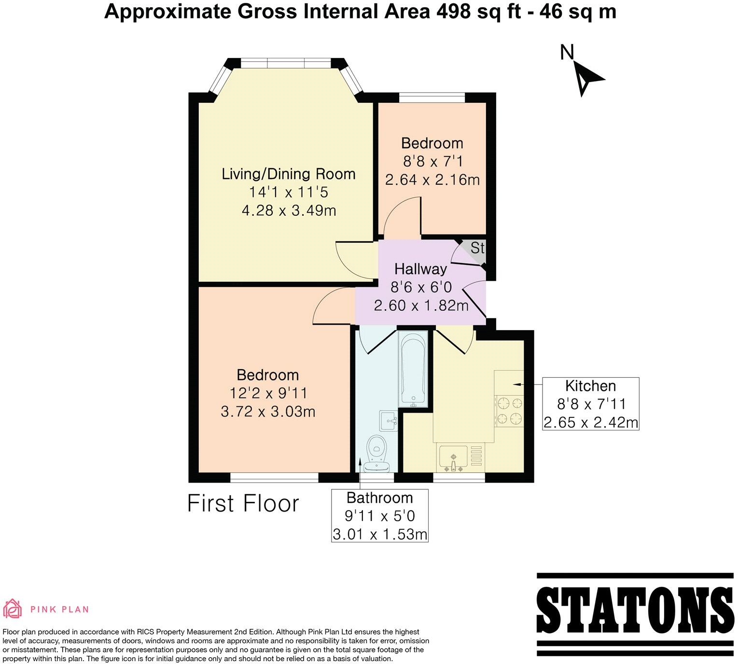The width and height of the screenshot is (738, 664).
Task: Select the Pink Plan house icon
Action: pos(13,609)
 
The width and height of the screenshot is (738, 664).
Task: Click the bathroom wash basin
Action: pos(388,420)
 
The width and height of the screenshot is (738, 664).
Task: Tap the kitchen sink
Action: pos(453,458)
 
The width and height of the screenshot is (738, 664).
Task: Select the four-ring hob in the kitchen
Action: pos(509,410)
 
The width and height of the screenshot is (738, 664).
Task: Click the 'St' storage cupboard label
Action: pos(477,248)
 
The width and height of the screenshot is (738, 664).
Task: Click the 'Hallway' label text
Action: pos(420,269)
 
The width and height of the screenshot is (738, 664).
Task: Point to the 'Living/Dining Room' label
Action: pos(288,174)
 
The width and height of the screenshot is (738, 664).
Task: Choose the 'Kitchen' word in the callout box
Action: pos(590,386)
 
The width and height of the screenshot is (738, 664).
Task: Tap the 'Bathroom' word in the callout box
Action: pos(379,498)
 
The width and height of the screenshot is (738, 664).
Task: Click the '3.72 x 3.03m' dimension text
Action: pos(268,412)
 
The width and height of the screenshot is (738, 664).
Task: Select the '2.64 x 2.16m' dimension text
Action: pos(432,180)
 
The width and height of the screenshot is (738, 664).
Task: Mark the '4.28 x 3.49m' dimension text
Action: pos(289,210)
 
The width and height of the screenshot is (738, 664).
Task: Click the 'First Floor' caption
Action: pos(243,504)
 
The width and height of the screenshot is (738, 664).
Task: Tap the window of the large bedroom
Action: pos(274,477)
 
